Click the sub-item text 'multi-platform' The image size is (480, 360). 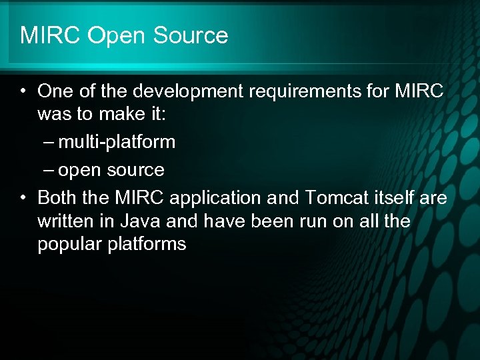coord(117,141)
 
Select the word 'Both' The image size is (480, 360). coord(56,198)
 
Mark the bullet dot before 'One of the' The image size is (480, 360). coord(23,91)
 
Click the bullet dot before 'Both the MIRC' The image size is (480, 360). coord(23,199)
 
